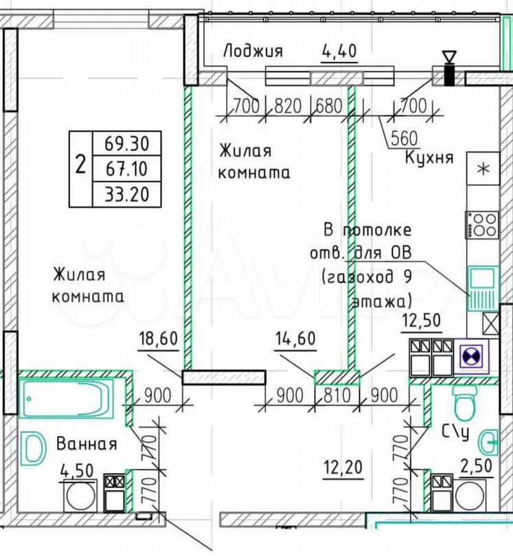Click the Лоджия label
(253, 51)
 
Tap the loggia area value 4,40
(339, 51)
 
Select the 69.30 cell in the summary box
(126, 143)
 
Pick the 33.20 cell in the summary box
(126, 194)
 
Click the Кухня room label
(429, 157)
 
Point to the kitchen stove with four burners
(483, 225)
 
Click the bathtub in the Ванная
(67, 397)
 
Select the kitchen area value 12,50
(422, 321)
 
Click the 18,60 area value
(158, 338)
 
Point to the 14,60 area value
(295, 338)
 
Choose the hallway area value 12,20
(343, 467)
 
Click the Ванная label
(87, 444)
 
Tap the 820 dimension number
(288, 106)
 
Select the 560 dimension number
(404, 139)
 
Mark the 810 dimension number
(337, 395)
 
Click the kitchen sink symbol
(483, 288)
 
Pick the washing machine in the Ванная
(81, 496)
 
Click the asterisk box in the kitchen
(483, 168)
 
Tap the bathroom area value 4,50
(77, 472)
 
